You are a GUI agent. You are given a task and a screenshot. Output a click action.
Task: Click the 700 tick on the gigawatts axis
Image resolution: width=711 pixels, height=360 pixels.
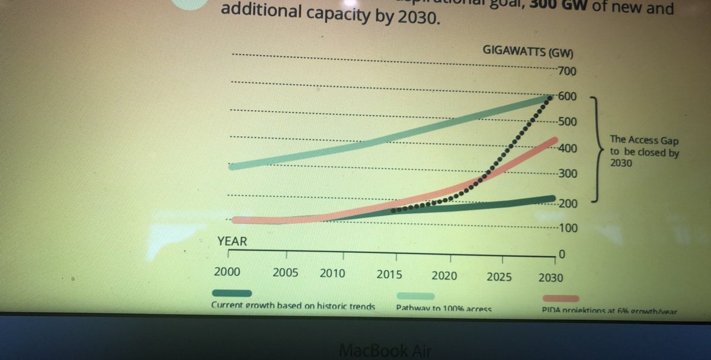568,72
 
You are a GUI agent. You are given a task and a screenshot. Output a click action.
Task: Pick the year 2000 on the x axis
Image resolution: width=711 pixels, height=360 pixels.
228,274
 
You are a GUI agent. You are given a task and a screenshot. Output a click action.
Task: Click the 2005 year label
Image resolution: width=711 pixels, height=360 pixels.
285,274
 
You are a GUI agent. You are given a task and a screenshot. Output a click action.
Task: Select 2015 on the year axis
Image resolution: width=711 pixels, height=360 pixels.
389,275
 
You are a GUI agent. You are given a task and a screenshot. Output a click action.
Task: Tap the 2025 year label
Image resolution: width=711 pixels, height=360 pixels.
499,276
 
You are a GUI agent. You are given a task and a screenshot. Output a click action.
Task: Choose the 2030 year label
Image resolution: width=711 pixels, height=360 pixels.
550,277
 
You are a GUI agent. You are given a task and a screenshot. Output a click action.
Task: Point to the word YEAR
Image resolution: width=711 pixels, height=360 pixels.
232,242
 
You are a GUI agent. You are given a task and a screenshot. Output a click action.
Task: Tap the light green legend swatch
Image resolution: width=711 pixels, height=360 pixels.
415,295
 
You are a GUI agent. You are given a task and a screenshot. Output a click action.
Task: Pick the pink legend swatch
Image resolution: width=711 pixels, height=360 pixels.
560,298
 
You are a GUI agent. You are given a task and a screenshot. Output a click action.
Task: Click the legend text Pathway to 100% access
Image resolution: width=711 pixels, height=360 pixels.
444,308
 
